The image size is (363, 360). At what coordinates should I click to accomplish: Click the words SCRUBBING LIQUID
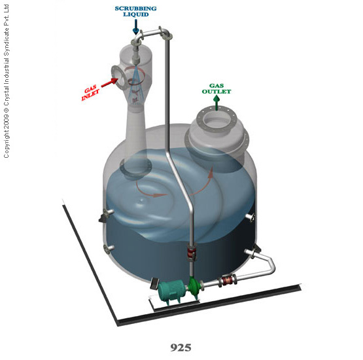pos(135,11)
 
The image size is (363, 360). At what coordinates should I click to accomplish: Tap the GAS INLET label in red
pos(90,93)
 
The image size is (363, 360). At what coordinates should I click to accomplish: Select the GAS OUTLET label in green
pos(216,89)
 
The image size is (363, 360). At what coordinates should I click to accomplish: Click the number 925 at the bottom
pos(181,348)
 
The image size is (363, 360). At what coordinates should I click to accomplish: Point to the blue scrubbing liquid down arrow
pos(136,27)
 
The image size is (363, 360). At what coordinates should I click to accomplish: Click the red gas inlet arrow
pos(109,82)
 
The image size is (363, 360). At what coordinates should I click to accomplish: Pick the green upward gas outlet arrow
pos(216,103)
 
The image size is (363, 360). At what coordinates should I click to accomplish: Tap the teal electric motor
pos(171,291)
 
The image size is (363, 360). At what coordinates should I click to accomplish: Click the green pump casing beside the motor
pos(194,288)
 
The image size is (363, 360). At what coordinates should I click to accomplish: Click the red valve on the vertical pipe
pos(192,253)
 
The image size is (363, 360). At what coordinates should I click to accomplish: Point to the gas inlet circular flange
pos(119,77)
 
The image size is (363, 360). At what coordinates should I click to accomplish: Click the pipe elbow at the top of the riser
pos(165,35)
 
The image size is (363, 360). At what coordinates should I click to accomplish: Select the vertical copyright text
pos(7,81)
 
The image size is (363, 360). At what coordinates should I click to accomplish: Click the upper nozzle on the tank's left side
pos(108,212)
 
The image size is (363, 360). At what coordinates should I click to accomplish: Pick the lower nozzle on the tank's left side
pos(109,248)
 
